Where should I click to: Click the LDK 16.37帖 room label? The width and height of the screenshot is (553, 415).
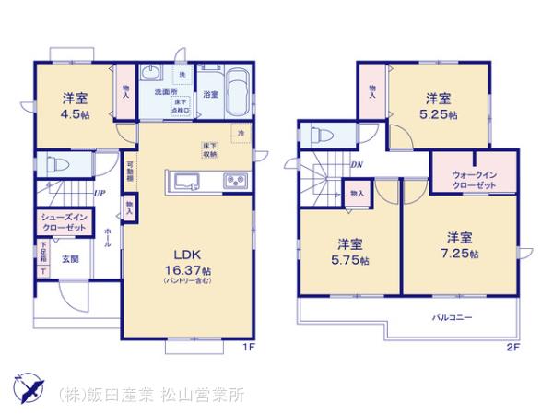point(188,262)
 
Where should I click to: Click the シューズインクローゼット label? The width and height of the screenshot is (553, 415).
point(64,222)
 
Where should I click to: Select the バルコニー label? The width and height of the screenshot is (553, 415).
point(453,317)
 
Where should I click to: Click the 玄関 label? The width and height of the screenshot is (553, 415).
point(70,260)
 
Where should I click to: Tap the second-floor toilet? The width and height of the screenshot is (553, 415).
point(324,135)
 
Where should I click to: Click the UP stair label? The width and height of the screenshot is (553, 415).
point(99,194)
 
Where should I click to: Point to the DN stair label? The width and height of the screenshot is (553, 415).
point(358,164)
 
